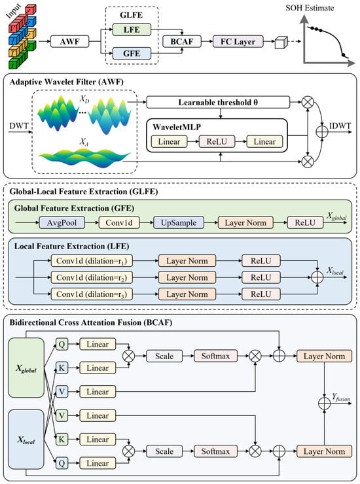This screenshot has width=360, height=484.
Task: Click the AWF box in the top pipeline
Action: point(69,41)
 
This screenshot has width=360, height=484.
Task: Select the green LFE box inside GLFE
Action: point(132,29)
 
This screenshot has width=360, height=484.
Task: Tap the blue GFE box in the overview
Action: point(132,54)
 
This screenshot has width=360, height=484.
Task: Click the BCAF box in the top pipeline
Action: point(182,41)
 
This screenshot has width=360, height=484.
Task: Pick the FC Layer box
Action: point(238,41)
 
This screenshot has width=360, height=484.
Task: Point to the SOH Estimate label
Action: point(310,8)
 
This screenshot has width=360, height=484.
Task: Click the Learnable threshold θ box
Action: point(218,102)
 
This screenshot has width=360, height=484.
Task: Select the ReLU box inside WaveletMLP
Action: point(217,142)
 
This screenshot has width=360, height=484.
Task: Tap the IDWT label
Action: point(340,126)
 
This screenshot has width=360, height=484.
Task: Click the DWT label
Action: point(19,126)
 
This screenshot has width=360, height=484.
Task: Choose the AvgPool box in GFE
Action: point(62,222)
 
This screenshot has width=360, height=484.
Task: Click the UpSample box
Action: point(179,222)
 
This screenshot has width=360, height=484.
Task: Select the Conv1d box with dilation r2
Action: point(92,277)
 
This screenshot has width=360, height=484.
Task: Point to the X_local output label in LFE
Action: point(335,271)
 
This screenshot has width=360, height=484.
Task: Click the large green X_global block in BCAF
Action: point(26,368)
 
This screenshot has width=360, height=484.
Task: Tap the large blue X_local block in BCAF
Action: point(26,440)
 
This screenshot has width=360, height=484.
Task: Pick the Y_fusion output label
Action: point(341,397)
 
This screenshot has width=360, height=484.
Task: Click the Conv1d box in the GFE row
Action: point(119,222)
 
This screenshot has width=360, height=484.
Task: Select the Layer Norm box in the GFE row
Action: point(245,222)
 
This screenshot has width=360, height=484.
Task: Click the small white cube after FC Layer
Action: point(281,43)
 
